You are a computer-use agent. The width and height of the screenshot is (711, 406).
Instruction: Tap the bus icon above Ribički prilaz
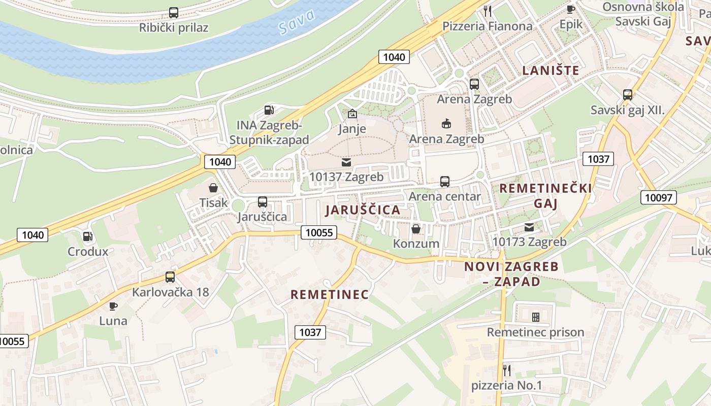click(174, 13)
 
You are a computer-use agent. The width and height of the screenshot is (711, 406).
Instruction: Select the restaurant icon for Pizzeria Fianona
click(488, 11)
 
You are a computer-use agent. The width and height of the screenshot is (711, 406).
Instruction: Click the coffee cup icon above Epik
click(571, 9)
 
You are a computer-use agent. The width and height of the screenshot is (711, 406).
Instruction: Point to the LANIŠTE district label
click(551, 70)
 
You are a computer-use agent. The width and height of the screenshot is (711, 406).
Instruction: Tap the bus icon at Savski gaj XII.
click(628, 94)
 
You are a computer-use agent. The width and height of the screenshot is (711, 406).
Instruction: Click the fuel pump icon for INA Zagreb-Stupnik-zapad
click(269, 110)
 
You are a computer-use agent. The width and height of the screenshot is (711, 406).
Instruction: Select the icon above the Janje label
click(352, 114)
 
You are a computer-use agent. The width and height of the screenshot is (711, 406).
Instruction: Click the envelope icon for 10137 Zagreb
click(346, 162)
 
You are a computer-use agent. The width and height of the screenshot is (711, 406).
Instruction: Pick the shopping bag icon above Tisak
click(213, 188)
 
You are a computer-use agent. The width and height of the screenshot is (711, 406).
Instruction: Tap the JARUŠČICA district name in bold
click(363, 210)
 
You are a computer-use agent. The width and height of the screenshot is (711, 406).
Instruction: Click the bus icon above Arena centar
click(445, 181)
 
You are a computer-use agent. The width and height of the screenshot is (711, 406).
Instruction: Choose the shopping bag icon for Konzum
click(416, 229)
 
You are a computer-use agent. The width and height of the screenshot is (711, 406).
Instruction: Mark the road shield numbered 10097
click(659, 197)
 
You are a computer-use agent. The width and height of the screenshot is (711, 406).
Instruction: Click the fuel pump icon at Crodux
click(88, 236)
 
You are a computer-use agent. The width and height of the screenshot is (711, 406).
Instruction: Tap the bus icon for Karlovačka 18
click(170, 277)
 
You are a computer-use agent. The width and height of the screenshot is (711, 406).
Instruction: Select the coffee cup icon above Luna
click(113, 306)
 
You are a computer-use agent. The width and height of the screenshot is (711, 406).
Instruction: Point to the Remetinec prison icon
click(535, 317)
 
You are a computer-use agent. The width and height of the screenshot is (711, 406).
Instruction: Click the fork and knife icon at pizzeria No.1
click(506, 370)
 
